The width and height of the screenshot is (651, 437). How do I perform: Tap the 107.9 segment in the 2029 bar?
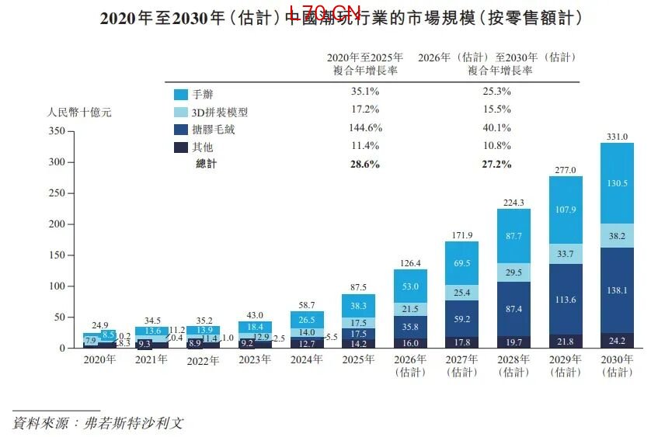coord(566,210)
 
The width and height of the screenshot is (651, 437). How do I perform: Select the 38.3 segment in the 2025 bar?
coord(358,306)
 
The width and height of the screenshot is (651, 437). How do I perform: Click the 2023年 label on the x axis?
coord(254,359)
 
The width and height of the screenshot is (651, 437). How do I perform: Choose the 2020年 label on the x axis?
coord(99,359)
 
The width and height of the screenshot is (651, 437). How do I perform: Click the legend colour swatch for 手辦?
coord(180,94)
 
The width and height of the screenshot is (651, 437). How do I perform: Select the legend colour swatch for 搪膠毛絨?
coord(180,130)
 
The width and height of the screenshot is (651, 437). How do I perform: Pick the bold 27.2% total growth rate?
coord(496,164)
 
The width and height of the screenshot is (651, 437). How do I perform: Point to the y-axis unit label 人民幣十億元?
coord(80,113)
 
